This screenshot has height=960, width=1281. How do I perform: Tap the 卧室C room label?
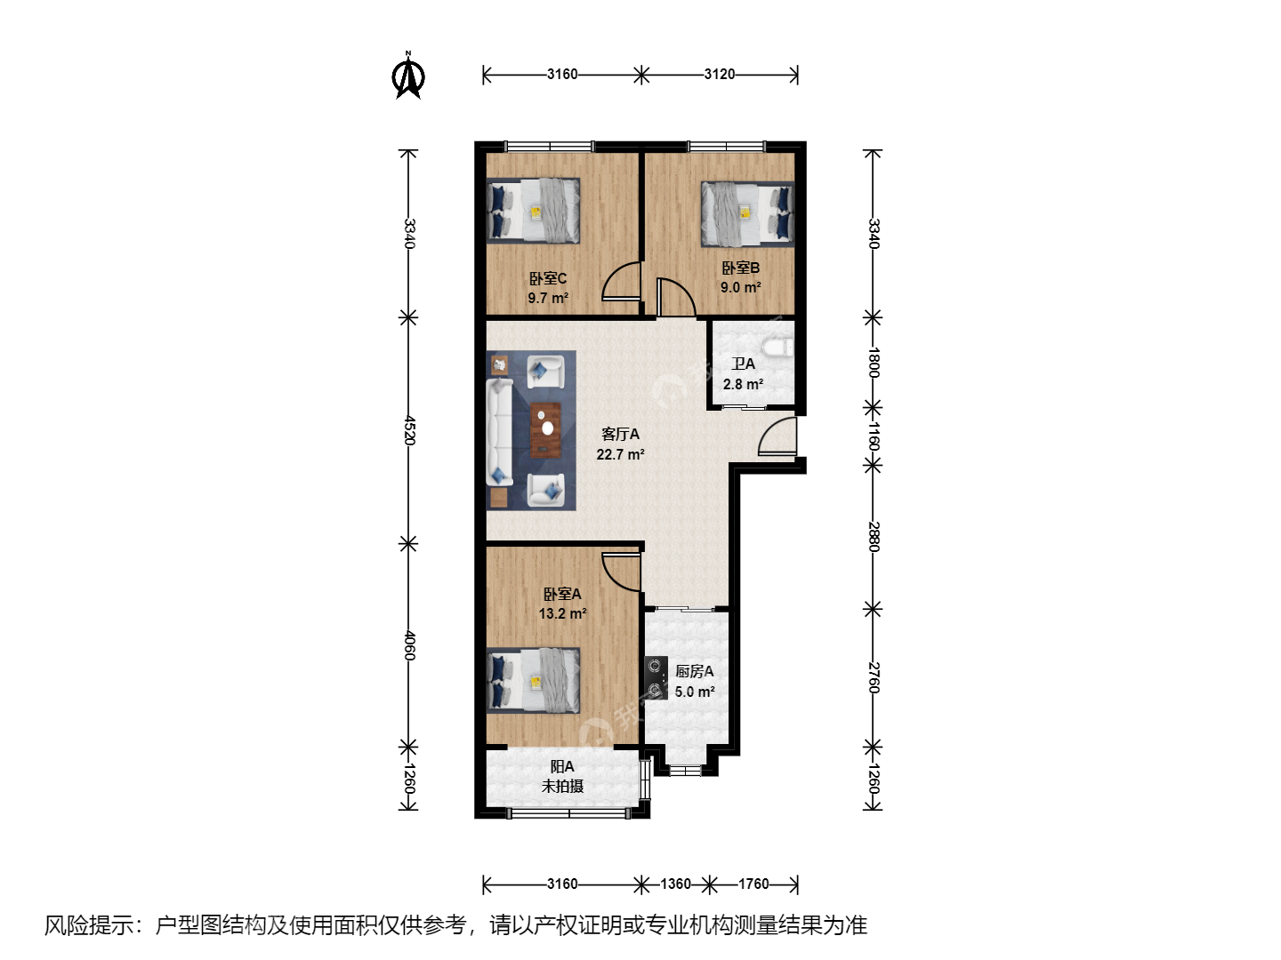[x=547, y=278]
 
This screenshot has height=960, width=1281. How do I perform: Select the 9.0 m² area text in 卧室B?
[x=740, y=287]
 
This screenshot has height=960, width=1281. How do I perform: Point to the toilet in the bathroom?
[x=777, y=348]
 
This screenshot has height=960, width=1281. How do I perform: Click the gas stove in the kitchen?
[x=656, y=677]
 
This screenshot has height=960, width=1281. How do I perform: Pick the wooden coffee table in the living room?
[x=545, y=430]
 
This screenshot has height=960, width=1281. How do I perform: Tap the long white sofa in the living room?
[x=500, y=431]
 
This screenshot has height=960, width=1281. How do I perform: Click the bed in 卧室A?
[x=534, y=680]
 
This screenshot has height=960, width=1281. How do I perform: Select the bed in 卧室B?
[x=747, y=214]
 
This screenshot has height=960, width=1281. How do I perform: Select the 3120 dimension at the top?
[x=719, y=75]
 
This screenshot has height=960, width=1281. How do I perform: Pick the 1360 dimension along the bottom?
[x=675, y=884]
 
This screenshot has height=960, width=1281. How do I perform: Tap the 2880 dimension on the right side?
[x=874, y=537]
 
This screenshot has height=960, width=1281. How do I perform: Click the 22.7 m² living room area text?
[x=620, y=454]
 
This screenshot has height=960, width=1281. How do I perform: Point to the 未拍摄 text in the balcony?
[x=562, y=787]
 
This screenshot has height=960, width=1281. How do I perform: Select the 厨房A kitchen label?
[x=695, y=671]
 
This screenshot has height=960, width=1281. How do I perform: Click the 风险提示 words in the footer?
[x=89, y=925]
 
